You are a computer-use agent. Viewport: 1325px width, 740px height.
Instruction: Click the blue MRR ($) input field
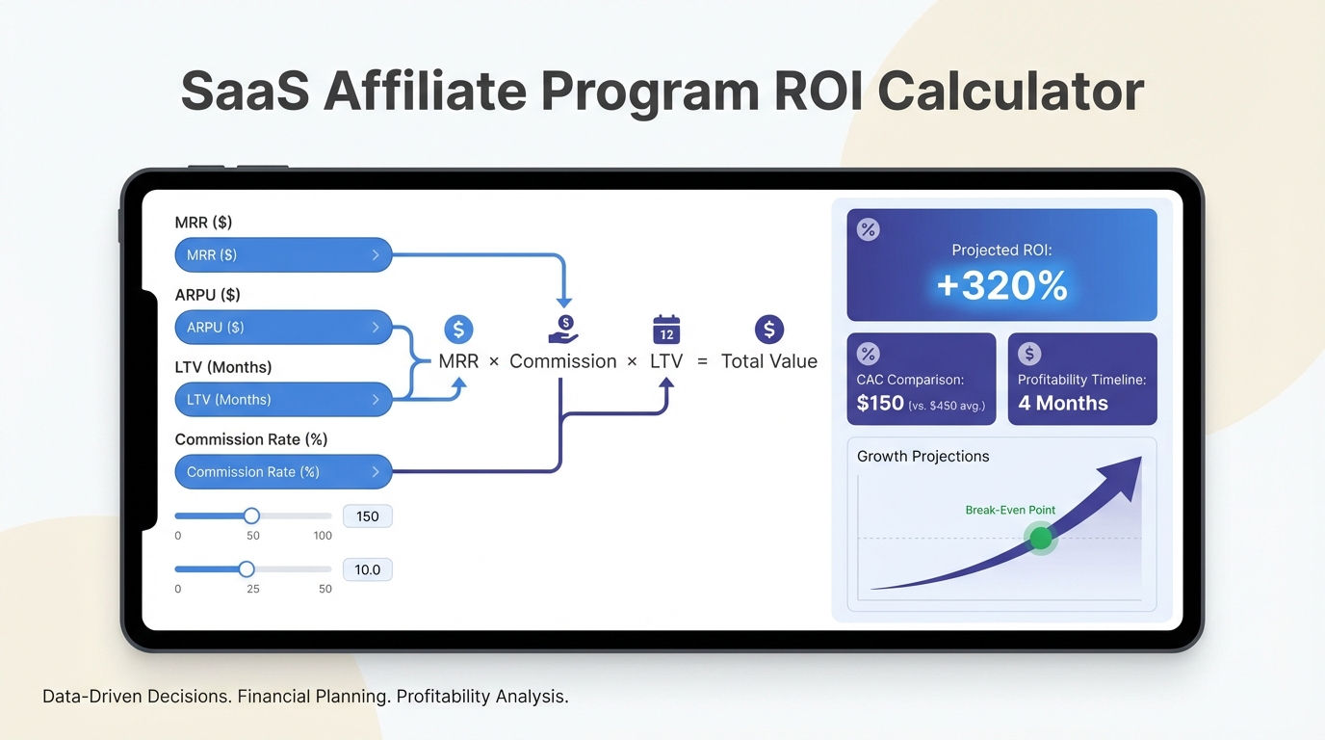[283, 255]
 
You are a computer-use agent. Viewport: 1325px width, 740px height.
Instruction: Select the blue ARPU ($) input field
[283, 328]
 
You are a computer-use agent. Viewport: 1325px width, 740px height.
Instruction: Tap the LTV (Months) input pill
[283, 400]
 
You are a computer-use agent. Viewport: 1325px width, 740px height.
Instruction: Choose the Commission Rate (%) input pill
[283, 472]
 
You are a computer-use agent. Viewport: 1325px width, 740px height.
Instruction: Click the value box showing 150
[367, 516]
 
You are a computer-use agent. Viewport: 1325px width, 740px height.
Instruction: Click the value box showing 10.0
[367, 569]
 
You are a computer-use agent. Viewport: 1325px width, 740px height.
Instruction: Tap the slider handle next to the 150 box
[251, 515]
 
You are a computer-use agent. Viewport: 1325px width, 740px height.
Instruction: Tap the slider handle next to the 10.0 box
[247, 568]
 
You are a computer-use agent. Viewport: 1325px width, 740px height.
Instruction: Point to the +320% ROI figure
[1002, 285]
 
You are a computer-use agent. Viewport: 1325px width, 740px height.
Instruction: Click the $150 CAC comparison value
[880, 403]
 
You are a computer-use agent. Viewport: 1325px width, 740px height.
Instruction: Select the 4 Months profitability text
[1063, 403]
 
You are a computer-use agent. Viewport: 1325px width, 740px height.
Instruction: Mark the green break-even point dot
[1041, 538]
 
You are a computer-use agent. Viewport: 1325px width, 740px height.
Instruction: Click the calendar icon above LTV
[666, 329]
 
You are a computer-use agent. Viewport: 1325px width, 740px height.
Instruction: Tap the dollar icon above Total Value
[769, 330]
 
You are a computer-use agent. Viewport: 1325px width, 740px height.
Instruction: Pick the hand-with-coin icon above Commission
[563, 330]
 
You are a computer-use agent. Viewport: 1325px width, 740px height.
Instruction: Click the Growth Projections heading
[922, 457]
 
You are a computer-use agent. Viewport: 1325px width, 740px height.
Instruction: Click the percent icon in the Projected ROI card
[869, 229]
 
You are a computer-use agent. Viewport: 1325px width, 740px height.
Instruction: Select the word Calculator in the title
[1011, 92]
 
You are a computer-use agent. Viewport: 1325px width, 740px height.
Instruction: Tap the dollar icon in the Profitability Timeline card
[1029, 354]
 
